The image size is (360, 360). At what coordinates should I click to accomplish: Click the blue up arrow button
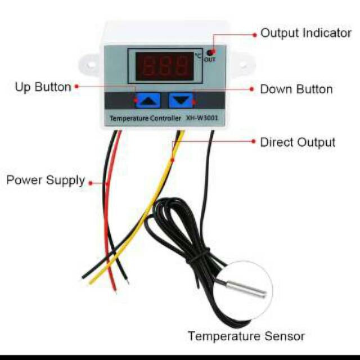(x=147, y=101)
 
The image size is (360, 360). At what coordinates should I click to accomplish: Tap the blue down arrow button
(x=181, y=101)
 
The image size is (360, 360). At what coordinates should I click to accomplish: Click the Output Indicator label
(x=306, y=33)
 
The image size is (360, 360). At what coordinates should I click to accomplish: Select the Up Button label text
(x=43, y=87)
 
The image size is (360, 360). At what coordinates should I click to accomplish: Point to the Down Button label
(x=296, y=89)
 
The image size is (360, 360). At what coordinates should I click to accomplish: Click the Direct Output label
(x=298, y=142)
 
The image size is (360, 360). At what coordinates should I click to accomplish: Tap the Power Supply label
(x=46, y=181)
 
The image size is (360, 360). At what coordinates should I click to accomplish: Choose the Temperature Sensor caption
(x=246, y=336)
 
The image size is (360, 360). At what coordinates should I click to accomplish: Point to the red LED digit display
(x=164, y=66)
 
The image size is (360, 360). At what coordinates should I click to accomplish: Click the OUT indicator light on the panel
(x=210, y=53)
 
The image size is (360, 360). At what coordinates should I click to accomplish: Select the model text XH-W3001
(x=202, y=118)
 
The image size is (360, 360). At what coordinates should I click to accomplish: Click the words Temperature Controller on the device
(x=146, y=119)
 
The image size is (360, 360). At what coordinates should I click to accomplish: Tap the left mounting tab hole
(x=90, y=65)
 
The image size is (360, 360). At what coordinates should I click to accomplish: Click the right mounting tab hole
(x=243, y=65)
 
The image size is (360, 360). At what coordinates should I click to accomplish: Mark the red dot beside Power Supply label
(x=91, y=183)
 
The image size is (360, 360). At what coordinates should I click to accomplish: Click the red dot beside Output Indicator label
(x=254, y=35)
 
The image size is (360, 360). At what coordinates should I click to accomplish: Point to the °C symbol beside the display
(x=198, y=56)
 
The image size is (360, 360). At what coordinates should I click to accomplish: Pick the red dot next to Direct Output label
(x=253, y=141)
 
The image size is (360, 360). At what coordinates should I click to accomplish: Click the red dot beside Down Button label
(x=251, y=89)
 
